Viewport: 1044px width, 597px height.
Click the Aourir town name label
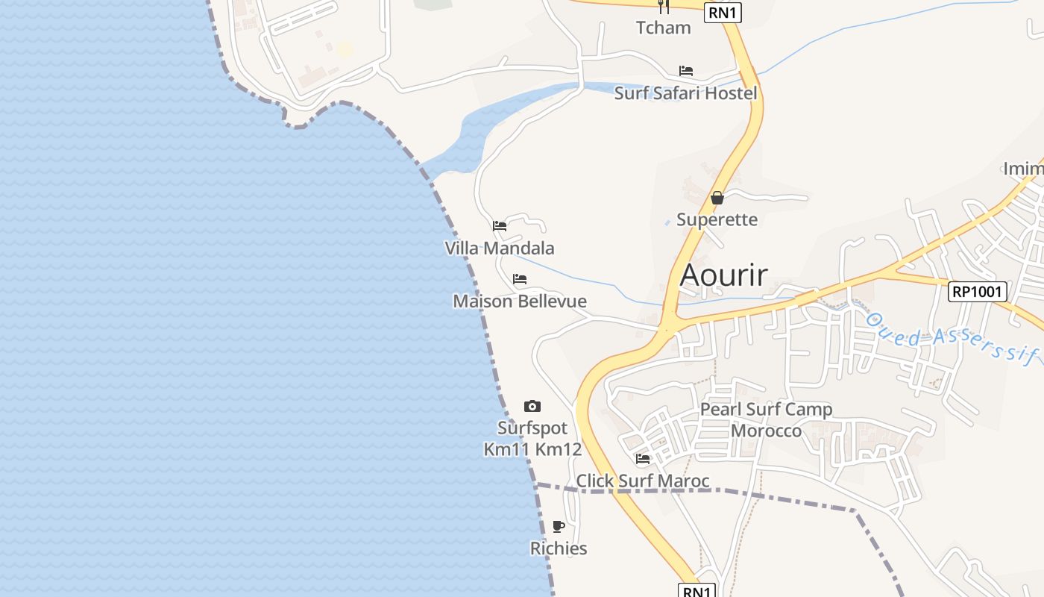point(723,275)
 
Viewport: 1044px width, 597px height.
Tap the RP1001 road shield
point(978,291)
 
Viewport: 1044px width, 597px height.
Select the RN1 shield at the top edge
point(723,12)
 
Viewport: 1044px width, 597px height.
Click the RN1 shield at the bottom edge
point(697,591)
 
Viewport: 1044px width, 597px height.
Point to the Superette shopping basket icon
point(717,198)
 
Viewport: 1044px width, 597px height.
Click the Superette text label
point(717,219)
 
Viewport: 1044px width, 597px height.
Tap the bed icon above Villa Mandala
point(500,225)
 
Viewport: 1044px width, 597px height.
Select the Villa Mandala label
point(500,248)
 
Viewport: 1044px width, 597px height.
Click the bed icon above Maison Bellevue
point(520,279)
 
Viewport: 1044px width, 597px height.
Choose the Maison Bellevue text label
point(520,301)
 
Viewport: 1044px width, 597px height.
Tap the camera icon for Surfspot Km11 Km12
point(532,406)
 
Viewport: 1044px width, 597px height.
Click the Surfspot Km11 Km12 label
point(532,439)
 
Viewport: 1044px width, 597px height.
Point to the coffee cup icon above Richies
point(559,526)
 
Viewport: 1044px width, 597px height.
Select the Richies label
point(559,548)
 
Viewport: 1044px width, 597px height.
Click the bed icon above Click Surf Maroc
point(643,458)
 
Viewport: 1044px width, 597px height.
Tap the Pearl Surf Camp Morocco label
point(766,420)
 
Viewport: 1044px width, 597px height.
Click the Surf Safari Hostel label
point(685,93)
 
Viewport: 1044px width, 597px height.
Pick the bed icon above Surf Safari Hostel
point(686,71)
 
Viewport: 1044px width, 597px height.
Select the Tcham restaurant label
point(663,28)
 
